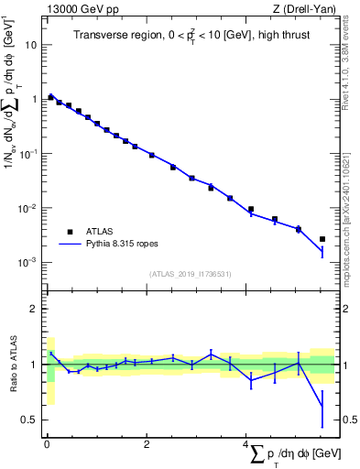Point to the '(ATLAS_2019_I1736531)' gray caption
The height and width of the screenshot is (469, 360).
coord(190,274)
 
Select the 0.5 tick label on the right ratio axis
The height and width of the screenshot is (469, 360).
coord(346,420)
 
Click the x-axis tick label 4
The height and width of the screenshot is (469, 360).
coord(246,445)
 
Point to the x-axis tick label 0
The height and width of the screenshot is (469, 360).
coord(47,445)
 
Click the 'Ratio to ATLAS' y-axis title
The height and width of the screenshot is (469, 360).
coord(11,364)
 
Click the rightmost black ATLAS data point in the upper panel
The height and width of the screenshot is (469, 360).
coord(322,239)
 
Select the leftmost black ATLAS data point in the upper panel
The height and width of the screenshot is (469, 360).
coord(50,96)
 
